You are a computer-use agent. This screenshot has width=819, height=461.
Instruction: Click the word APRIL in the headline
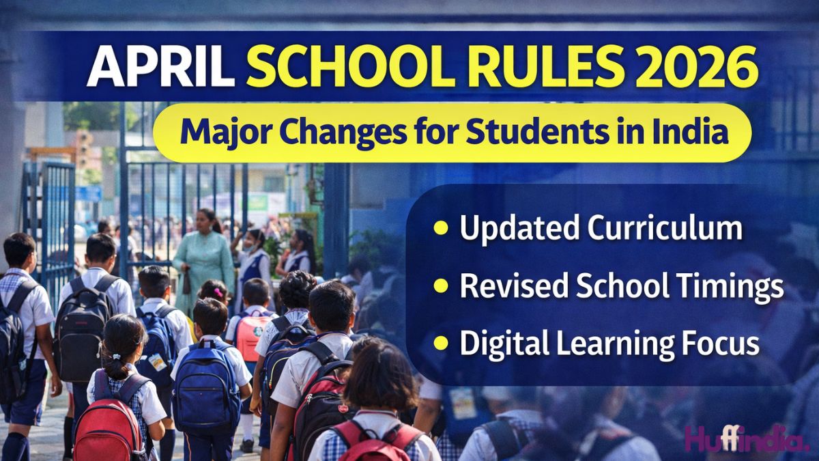[x=160, y=67]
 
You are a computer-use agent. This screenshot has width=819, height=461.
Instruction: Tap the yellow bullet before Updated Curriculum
[x=441, y=228]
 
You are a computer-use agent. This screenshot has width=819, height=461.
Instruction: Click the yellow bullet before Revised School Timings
[x=441, y=286]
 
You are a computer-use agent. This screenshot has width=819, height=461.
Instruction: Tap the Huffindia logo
[x=746, y=438]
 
